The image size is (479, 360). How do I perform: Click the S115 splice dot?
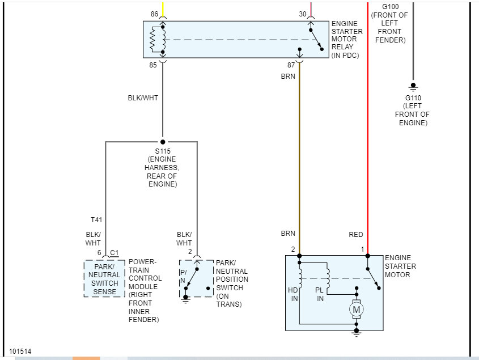click(163, 142)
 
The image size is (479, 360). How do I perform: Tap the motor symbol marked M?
click(357, 310)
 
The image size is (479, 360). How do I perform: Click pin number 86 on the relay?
click(154, 14)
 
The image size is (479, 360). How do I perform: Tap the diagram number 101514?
click(20, 351)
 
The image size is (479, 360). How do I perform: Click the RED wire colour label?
click(356, 235)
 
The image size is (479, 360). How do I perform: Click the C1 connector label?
click(114, 252)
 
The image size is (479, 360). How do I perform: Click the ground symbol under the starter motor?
click(357, 334)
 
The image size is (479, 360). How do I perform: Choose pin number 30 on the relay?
click(303, 14)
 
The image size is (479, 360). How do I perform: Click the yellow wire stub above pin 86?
click(163, 8)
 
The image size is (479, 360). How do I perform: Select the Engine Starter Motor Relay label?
click(347, 39)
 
